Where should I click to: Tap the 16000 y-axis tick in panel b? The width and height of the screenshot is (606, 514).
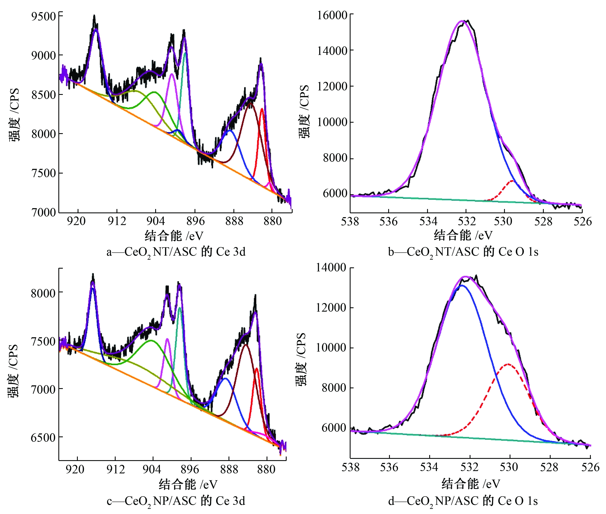(x=332, y=15)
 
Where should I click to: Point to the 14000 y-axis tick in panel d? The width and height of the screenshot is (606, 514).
(x=331, y=268)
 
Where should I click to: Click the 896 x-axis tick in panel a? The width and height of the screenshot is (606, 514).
(x=195, y=221)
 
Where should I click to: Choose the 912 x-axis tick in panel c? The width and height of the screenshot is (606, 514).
(x=115, y=469)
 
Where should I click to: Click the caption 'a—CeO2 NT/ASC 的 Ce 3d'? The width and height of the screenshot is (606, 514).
(x=176, y=252)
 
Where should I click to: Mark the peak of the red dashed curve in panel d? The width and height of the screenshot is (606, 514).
(x=508, y=364)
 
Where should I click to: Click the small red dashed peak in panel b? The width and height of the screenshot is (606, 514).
(x=512, y=181)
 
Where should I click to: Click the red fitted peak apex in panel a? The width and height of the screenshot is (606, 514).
(x=262, y=109)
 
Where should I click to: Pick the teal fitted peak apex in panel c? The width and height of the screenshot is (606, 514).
(x=180, y=308)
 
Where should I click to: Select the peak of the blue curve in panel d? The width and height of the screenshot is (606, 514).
(x=462, y=286)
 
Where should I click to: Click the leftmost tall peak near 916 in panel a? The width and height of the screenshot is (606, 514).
(x=95, y=29)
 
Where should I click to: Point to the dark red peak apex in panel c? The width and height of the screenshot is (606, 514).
(x=246, y=345)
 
